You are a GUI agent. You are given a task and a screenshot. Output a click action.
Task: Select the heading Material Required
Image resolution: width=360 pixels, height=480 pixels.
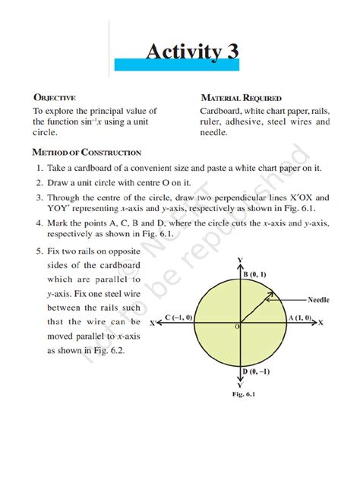(x=241, y=98)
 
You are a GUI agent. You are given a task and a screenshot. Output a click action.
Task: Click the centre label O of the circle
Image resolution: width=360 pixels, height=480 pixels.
(x=237, y=326)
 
